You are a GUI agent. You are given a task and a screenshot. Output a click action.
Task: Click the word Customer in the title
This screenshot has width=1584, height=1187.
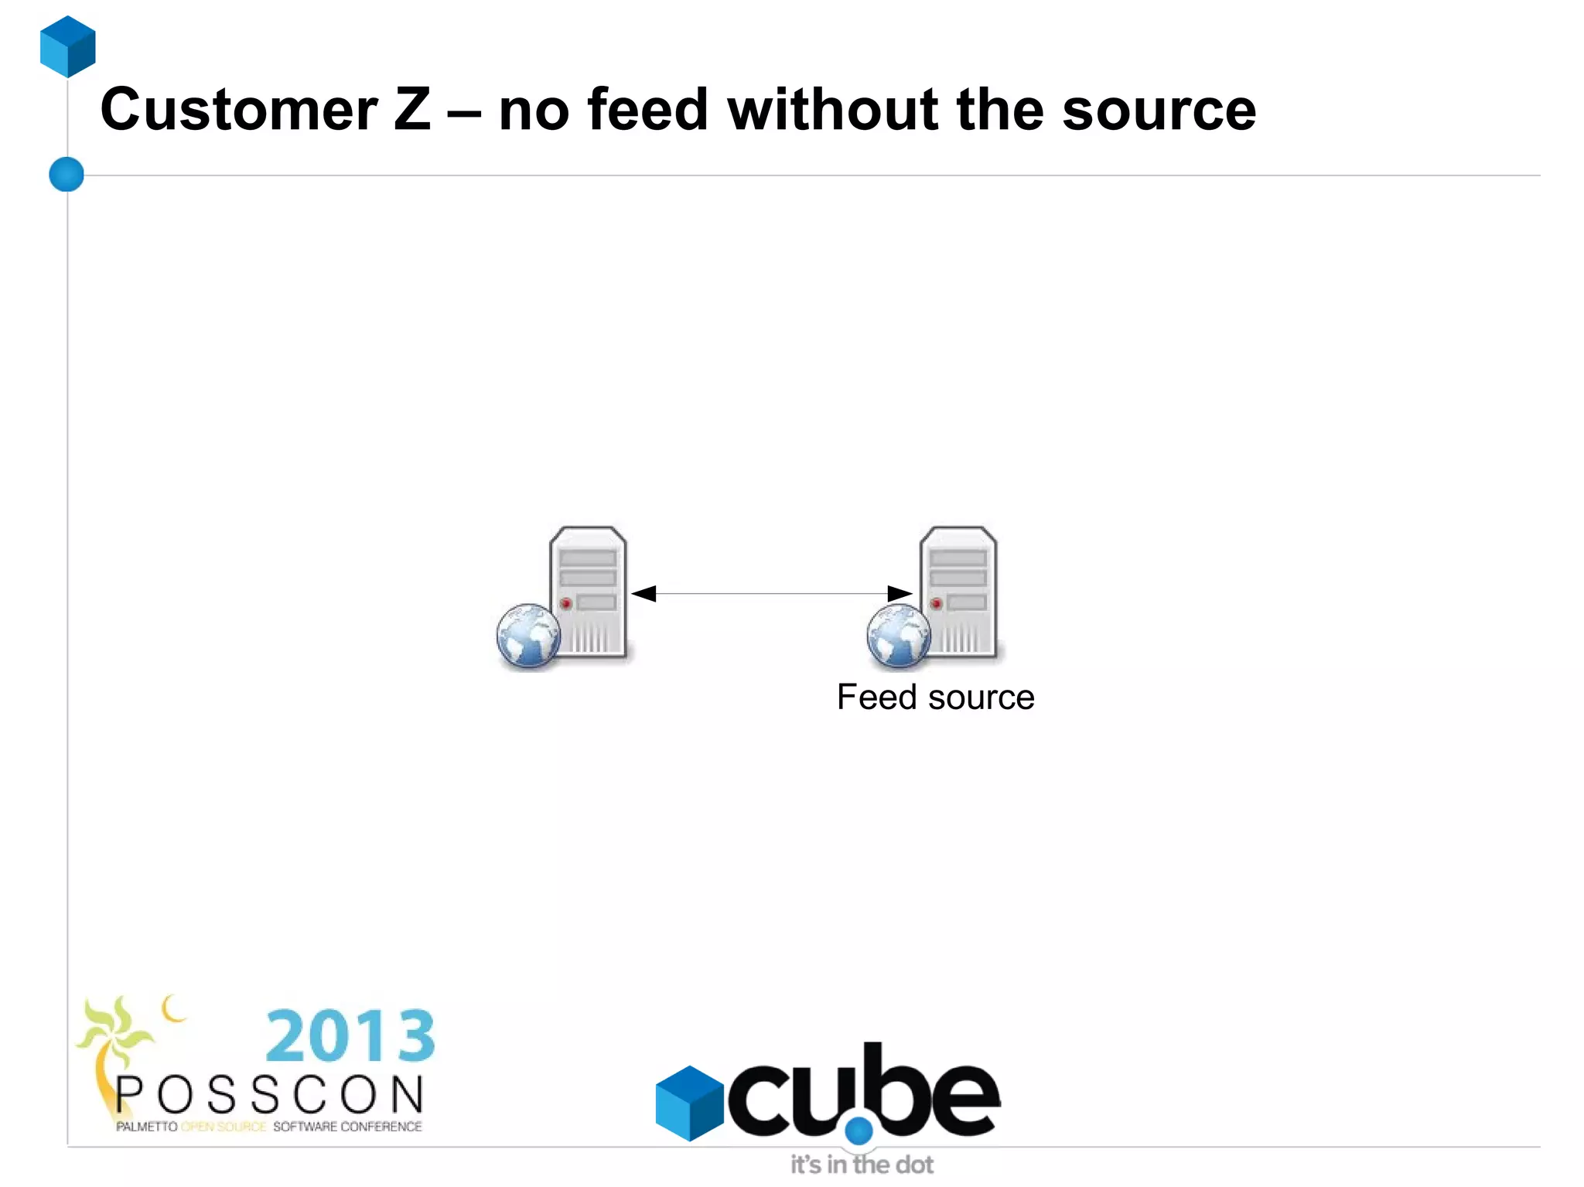pos(239,110)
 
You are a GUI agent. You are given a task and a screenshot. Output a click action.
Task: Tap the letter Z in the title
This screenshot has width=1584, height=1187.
pos(411,110)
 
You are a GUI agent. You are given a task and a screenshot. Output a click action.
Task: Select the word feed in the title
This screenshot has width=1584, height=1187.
pos(647,110)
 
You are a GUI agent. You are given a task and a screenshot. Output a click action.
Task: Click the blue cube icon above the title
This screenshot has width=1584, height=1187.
pos(68,46)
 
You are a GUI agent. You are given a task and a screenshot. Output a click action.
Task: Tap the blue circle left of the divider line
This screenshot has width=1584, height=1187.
pos(67,174)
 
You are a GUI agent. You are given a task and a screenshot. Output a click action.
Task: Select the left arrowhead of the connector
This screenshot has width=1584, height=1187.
pos(644,594)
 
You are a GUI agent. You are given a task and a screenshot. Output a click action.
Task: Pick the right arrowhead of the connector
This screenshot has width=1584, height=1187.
pos(900,594)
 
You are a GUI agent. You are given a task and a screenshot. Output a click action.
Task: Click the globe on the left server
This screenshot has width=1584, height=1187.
pos(528,636)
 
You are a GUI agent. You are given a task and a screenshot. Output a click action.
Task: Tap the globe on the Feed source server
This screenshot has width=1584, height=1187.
pos(899,636)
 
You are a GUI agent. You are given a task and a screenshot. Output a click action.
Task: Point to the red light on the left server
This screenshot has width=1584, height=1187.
pos(566,603)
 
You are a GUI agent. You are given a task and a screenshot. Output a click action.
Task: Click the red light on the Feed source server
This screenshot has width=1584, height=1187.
pos(937,603)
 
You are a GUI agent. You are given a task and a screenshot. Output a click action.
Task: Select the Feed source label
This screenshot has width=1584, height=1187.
pos(935,698)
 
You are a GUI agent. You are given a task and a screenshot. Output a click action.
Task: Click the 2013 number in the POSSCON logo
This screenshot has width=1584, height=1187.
pos(350,1036)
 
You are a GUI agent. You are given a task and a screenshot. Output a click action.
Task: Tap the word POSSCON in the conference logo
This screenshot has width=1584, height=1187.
pos(270,1095)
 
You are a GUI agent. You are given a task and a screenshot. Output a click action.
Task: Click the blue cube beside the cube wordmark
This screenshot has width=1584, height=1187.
pos(689,1103)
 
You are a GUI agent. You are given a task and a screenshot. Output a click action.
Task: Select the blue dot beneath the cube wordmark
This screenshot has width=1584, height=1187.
pos(859,1131)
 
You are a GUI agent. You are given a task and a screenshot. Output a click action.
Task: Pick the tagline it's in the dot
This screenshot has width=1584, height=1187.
pos(862,1165)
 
